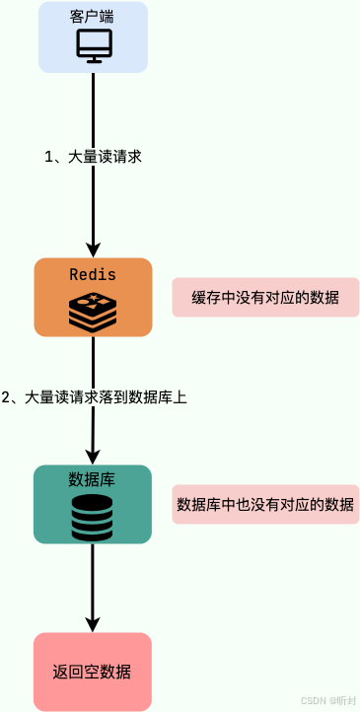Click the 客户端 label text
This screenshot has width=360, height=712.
click(93, 18)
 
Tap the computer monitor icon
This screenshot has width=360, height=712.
click(94, 45)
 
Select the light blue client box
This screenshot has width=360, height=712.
click(138, 37)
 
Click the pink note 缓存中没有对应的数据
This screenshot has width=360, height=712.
click(265, 298)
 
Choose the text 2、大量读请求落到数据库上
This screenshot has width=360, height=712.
click(95, 397)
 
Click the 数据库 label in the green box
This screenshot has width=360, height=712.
click(93, 479)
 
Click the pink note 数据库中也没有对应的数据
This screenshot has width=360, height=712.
click(265, 505)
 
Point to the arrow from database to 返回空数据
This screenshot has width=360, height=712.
click(94, 582)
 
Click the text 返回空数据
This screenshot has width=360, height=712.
click(93, 673)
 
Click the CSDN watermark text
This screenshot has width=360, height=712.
click(316, 699)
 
